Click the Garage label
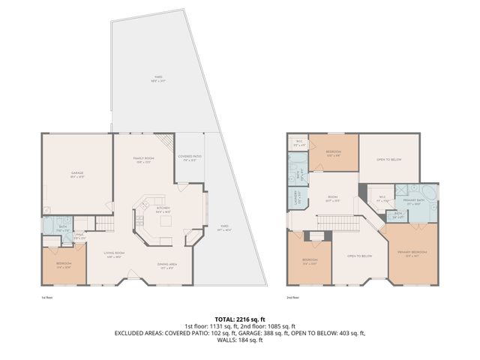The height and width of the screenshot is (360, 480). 77,174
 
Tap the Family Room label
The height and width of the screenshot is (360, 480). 143,160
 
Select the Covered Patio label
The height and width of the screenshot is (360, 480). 187,158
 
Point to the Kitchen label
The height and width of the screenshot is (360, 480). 162,209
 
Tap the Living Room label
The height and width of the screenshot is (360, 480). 114,254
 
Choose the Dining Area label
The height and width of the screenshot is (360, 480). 167,265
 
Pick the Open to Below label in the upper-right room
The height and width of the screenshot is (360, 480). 388,159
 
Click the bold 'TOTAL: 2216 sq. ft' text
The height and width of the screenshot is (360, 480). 239,319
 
